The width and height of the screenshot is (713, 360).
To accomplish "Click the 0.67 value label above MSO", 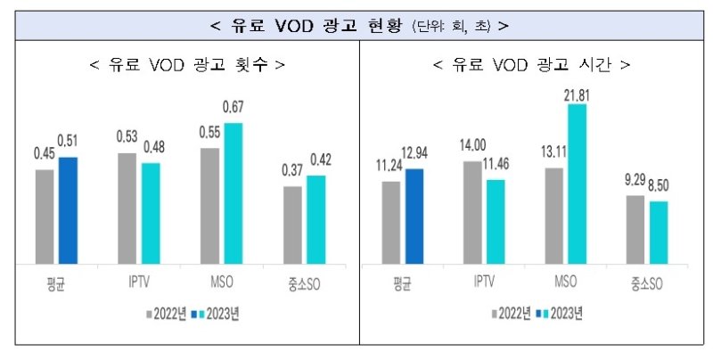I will coord(233,108).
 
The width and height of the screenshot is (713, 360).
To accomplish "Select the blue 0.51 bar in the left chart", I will coord(69,210).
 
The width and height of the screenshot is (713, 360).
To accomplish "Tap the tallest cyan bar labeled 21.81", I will coord(578,184).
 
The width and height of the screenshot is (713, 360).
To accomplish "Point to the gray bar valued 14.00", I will coord(472,213).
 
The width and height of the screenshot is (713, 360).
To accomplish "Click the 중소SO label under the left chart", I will coord(302,284).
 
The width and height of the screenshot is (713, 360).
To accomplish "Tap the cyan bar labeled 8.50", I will coord(658,233).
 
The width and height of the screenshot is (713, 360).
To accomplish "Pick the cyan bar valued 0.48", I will coord(151,213).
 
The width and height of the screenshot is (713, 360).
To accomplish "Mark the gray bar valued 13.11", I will coord(554,216).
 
